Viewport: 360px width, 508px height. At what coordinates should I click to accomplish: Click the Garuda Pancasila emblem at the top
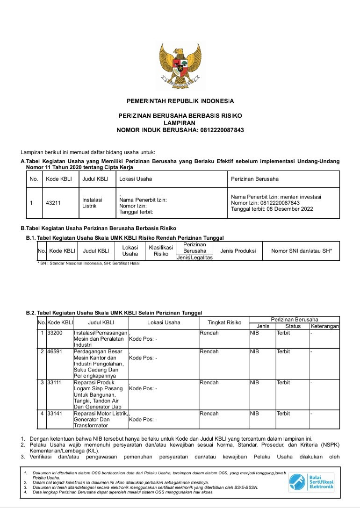click(x=180, y=64)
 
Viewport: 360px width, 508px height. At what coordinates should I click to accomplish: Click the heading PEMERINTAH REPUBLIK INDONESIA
click(x=180, y=101)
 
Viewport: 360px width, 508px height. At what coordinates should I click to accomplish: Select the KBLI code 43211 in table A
click(x=53, y=203)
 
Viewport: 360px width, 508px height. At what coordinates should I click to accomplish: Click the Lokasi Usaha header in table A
click(x=136, y=179)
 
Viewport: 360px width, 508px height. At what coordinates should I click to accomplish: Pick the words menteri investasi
click(x=303, y=197)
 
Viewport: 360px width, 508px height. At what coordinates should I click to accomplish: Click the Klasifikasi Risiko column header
click(x=161, y=250)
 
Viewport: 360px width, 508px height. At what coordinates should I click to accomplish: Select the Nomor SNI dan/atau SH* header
click(x=302, y=251)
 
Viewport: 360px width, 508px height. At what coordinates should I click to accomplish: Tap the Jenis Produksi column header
click(x=238, y=251)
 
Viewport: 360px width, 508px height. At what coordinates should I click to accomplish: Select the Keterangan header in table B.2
click(x=324, y=326)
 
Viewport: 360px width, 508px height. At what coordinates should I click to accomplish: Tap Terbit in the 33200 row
click(x=283, y=333)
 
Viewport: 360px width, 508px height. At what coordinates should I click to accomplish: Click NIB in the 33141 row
click(x=255, y=414)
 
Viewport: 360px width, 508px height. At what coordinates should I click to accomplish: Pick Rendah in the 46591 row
click(x=209, y=351)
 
